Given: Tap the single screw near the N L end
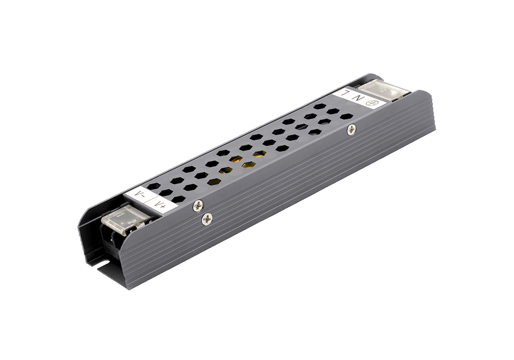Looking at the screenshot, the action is (351, 129).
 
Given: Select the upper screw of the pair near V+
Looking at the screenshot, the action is (198, 206).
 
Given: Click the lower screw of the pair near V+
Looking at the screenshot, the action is (207, 219).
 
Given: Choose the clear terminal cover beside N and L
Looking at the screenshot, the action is (384, 90).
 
